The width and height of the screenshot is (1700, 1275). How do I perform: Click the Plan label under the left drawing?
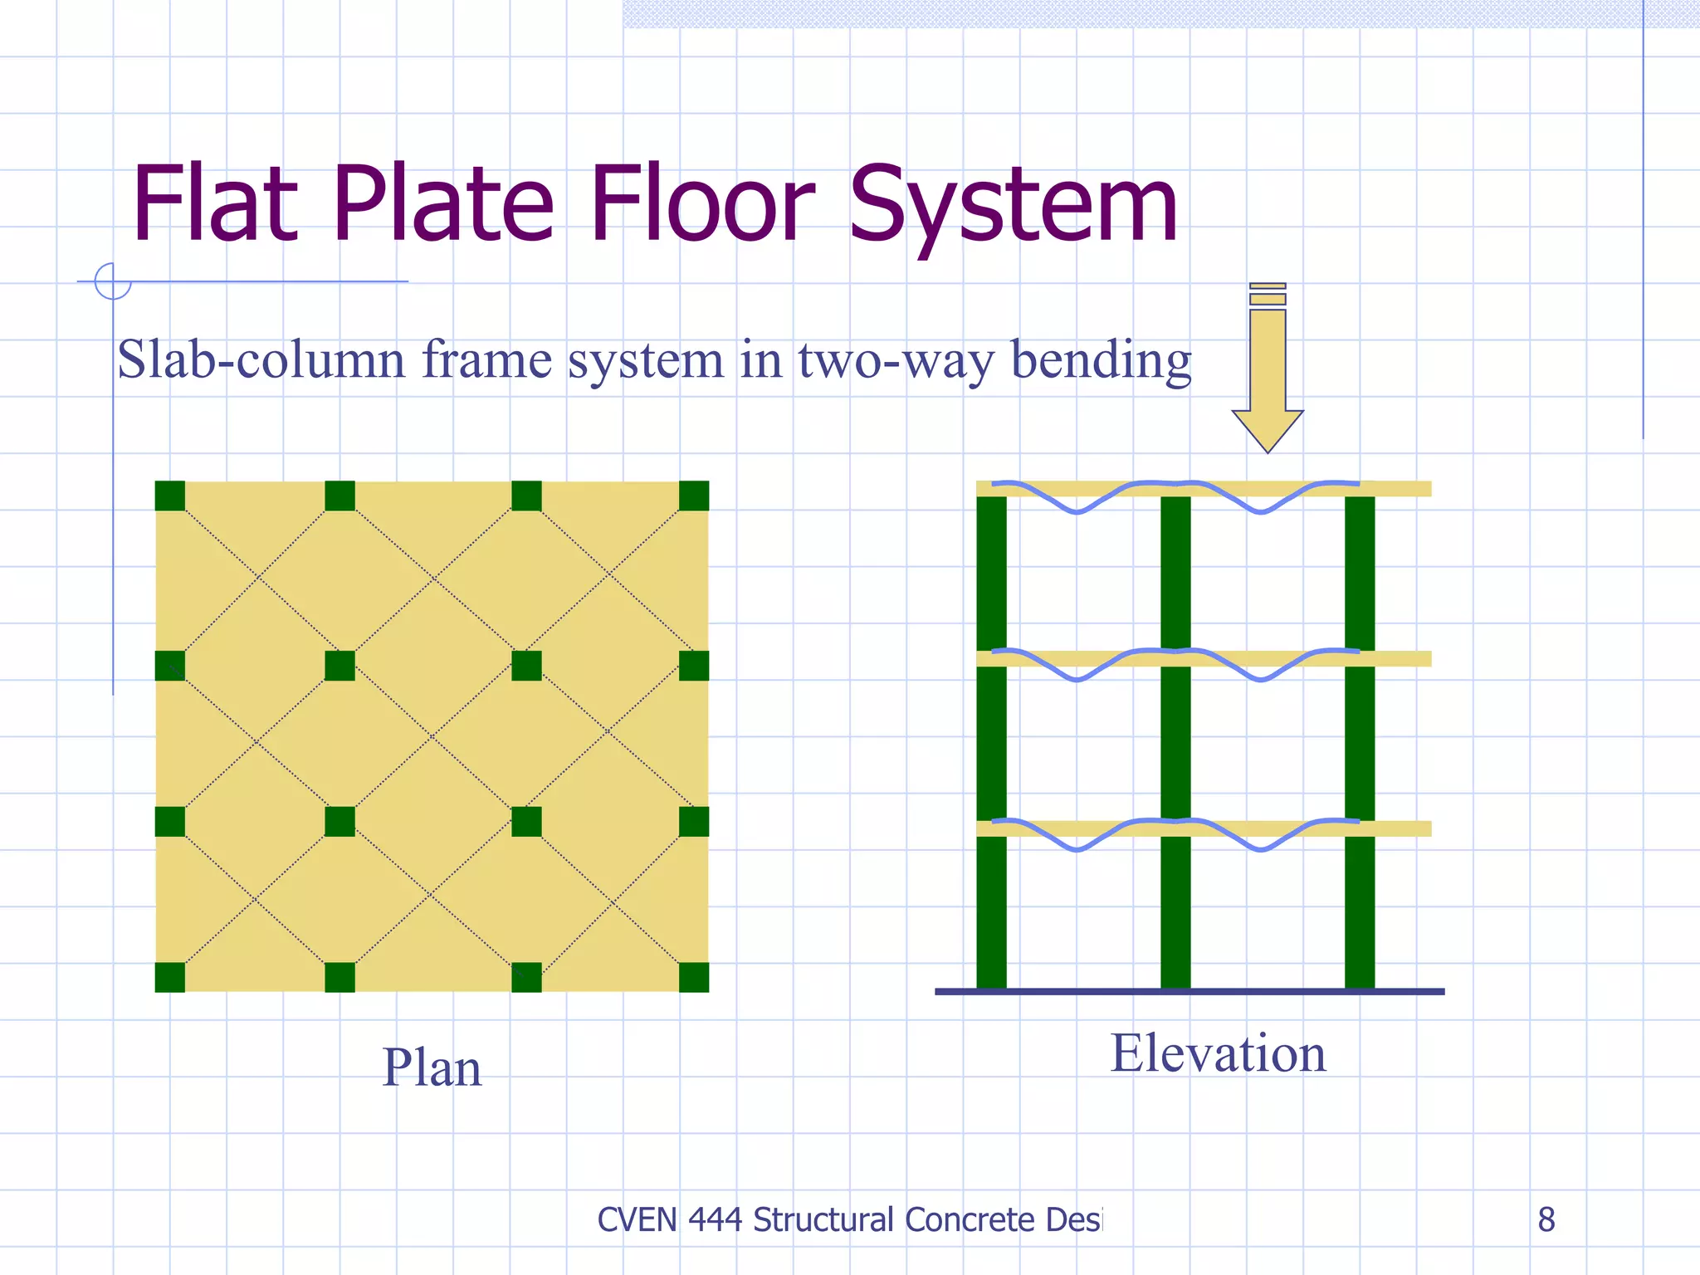click(x=432, y=1067)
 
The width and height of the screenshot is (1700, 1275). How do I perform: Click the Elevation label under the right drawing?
click(x=1218, y=1053)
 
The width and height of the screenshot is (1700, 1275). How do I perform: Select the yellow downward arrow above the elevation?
click(x=1268, y=374)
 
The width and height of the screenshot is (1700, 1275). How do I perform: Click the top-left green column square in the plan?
click(x=170, y=496)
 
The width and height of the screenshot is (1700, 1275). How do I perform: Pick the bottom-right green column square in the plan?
click(x=694, y=977)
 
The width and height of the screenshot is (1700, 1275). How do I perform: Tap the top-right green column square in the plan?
click(x=694, y=496)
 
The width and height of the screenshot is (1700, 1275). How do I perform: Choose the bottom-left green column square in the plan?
click(x=170, y=977)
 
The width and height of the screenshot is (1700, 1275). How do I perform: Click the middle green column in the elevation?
click(x=1175, y=747)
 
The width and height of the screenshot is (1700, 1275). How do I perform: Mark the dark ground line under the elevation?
click(x=1190, y=991)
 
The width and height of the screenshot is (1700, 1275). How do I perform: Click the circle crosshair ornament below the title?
click(x=113, y=281)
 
